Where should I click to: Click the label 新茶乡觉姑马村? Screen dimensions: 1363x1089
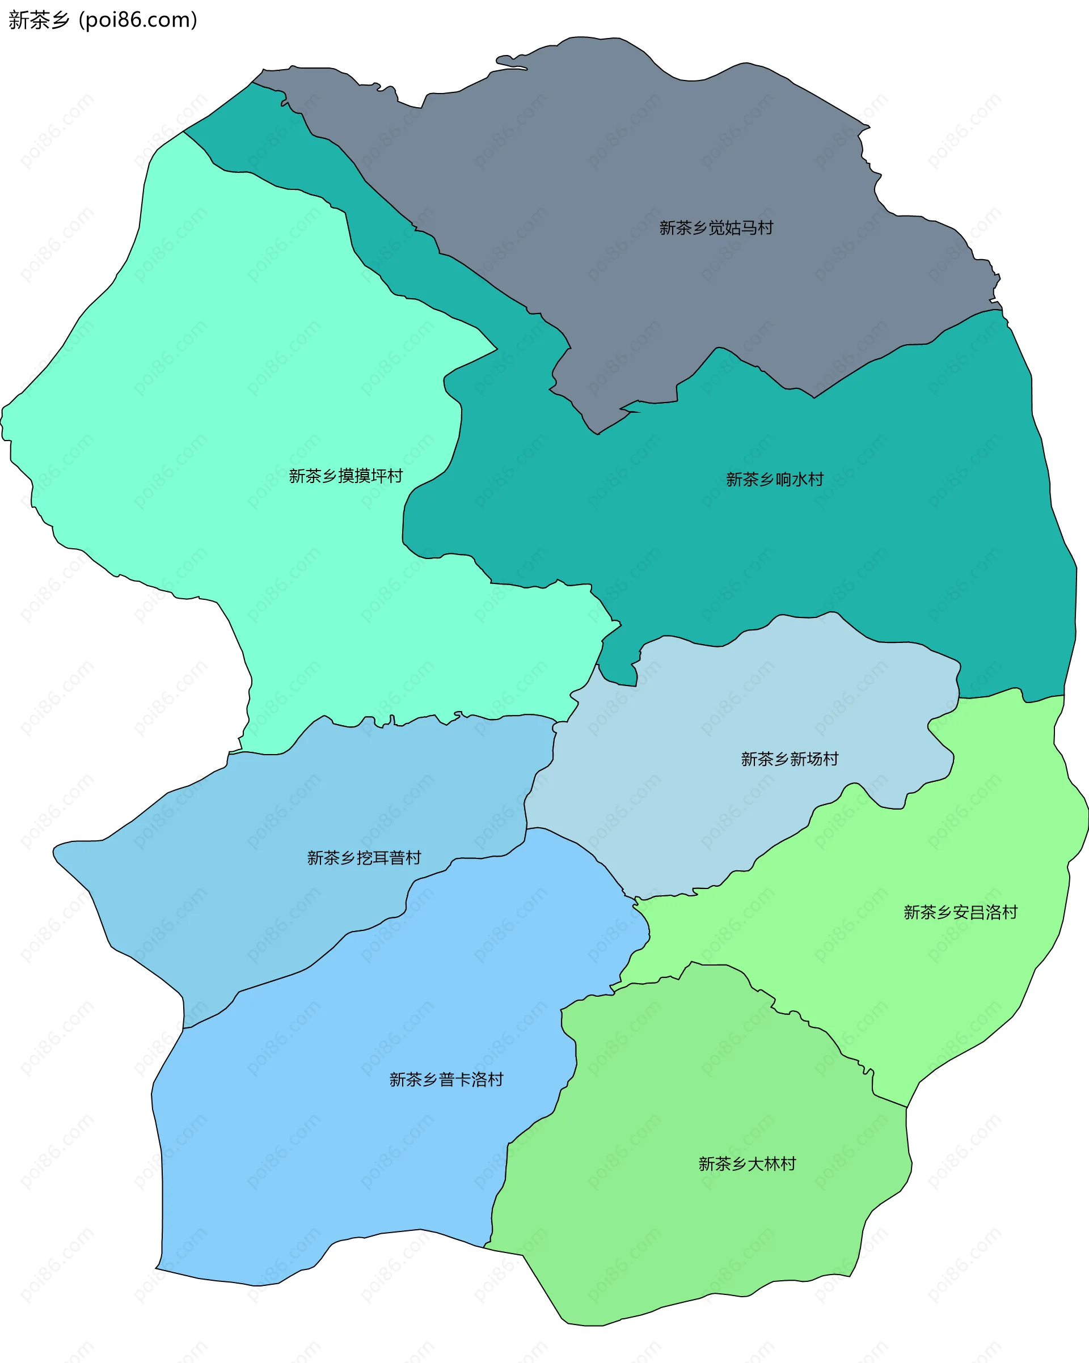(x=716, y=227)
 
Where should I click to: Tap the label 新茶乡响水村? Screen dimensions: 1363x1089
(x=775, y=479)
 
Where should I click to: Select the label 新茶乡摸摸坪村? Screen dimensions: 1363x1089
(x=345, y=476)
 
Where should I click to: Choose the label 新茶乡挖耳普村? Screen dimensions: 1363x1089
(x=364, y=858)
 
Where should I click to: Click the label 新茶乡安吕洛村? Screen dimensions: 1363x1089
(x=960, y=912)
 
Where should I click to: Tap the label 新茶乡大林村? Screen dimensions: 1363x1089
(x=747, y=1164)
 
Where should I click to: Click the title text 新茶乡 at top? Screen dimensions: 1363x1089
(x=39, y=20)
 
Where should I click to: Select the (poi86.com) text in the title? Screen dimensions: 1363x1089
(x=138, y=20)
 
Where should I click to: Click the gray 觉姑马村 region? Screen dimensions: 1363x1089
(x=632, y=158)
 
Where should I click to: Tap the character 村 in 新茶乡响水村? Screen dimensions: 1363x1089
(x=816, y=479)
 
